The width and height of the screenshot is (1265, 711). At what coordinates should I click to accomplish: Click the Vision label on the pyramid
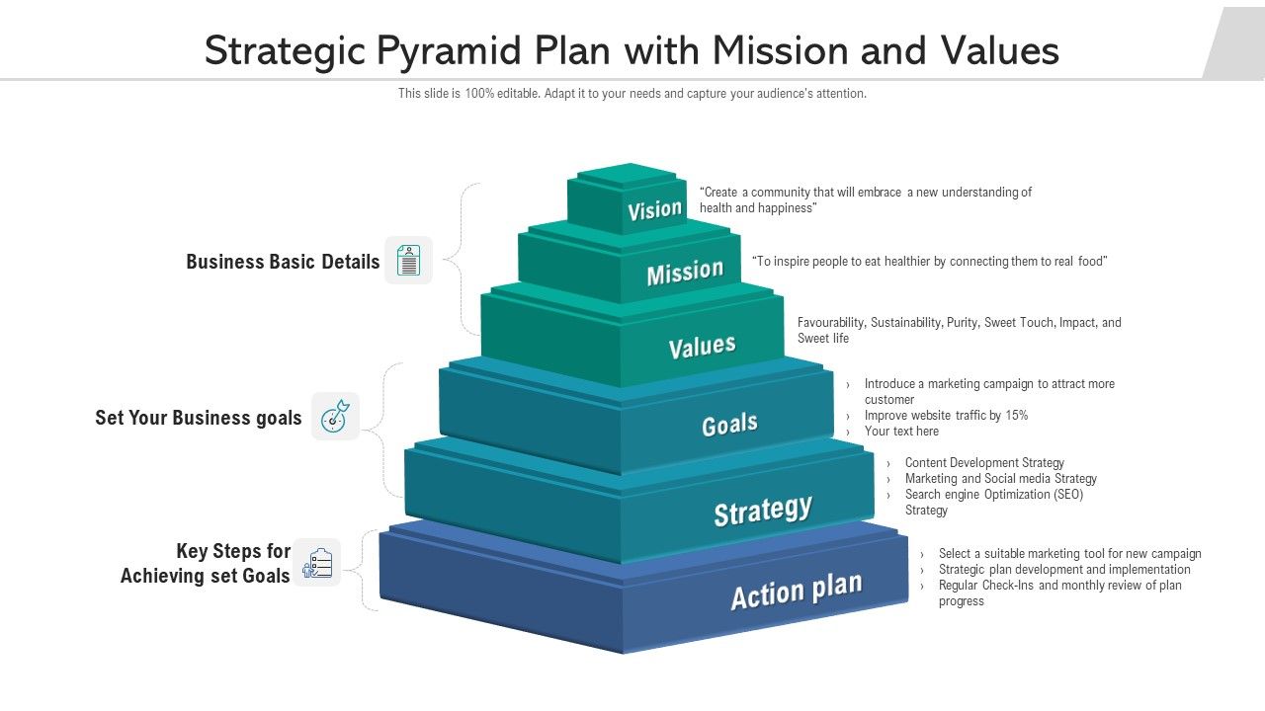pos(654,209)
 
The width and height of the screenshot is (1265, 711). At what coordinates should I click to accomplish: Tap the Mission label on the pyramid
pos(685,273)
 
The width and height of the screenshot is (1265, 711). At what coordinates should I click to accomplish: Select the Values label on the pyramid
pos(702,347)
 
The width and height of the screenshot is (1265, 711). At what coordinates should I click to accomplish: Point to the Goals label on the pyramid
pos(729,425)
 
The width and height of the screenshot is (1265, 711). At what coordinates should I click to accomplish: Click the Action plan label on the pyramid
pos(796,591)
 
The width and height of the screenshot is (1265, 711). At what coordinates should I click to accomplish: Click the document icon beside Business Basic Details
pos(408,261)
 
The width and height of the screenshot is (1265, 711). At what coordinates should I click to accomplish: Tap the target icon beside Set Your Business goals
pos(335,417)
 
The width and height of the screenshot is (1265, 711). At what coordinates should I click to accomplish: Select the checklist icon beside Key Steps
pos(317,563)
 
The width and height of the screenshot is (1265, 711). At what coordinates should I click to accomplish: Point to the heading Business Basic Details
pos(283,262)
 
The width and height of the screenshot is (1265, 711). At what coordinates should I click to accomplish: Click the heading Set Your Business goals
pos(198,418)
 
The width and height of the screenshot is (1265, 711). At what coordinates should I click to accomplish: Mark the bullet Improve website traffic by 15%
pos(946,416)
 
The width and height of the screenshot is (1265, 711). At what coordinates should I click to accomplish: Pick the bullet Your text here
pos(901,432)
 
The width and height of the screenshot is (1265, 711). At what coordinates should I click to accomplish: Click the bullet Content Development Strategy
pos(984,463)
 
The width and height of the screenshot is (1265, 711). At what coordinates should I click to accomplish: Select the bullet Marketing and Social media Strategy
pos(1000,479)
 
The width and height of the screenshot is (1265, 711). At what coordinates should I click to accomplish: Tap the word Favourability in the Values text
pos(831,323)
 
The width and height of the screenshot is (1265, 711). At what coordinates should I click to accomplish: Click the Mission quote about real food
pos(929,262)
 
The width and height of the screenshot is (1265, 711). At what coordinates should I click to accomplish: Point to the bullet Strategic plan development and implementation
pos(1064,570)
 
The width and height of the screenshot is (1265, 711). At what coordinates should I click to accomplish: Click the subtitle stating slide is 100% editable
pos(632,94)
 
